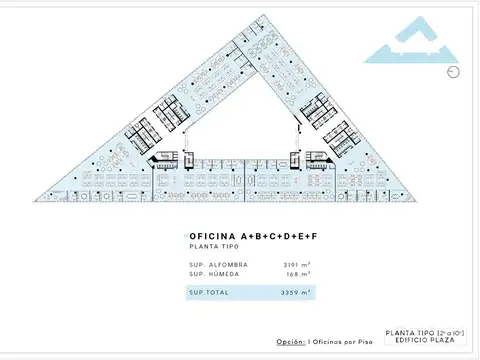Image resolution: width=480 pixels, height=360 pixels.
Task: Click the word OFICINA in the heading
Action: click(x=212, y=235)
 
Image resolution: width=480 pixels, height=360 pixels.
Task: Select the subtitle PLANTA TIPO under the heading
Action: click(x=212, y=245)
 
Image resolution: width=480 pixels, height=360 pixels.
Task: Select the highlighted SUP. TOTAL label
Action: click(x=208, y=292)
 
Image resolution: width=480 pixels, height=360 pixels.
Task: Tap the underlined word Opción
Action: click(x=289, y=342)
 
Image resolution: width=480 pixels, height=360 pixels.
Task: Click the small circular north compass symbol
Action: click(x=455, y=71)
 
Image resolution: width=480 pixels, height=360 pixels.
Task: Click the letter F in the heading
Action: click(x=314, y=235)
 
